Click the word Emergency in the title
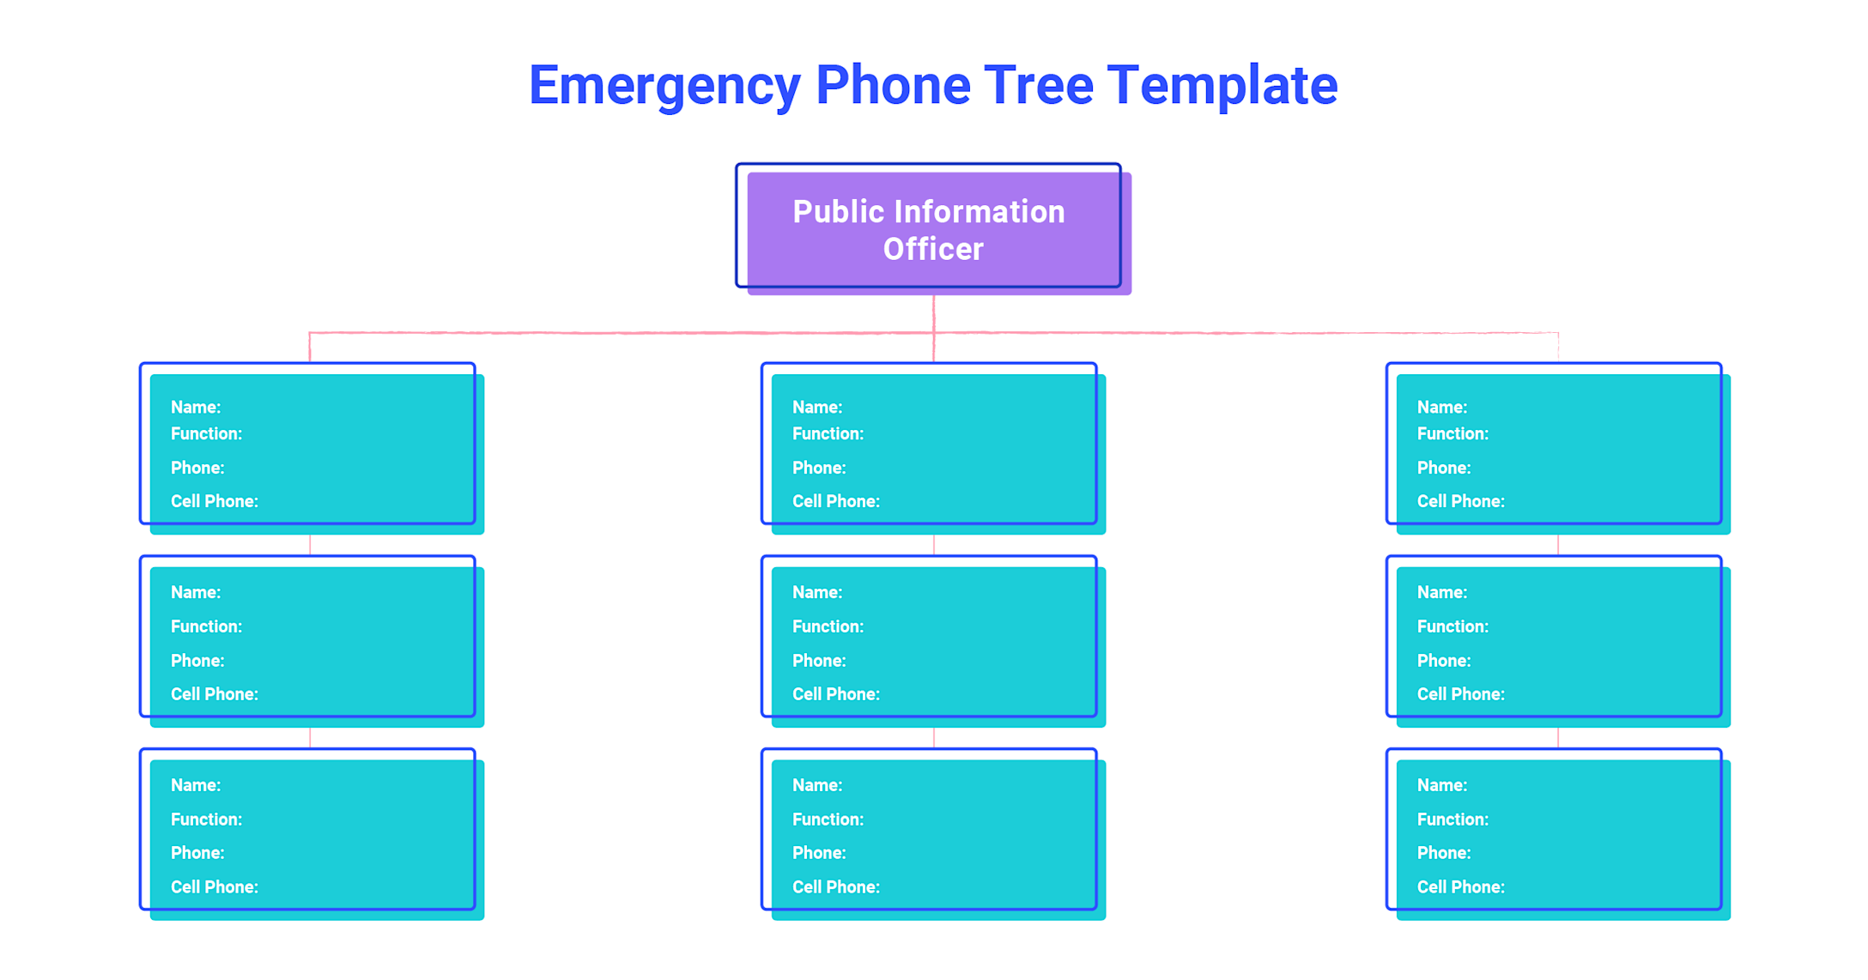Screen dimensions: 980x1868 pos(664,86)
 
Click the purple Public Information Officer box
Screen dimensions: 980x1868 pos(933,230)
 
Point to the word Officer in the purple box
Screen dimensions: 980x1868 pos(933,250)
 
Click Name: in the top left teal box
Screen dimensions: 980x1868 pos(196,408)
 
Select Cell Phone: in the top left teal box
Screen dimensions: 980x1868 pos(215,501)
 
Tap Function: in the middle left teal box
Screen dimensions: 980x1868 pos(206,626)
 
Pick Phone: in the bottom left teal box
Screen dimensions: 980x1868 pos(197,853)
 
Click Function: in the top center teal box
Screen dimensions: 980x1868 pos(828,434)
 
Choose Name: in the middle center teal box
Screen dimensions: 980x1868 pos(817,592)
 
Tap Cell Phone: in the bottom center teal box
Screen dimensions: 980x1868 pos(836,887)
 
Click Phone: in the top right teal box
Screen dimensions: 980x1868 pos(1444,469)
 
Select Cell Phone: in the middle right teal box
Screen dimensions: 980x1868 pos(1461,694)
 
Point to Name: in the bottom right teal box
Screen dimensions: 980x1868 pos(1442,785)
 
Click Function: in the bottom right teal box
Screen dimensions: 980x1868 pos(1453,820)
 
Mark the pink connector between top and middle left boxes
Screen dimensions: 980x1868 pos(310,545)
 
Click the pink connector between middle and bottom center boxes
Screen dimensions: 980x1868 pos(933,738)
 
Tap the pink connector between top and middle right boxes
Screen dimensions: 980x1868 pos(1558,545)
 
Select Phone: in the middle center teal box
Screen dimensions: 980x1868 pos(819,661)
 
